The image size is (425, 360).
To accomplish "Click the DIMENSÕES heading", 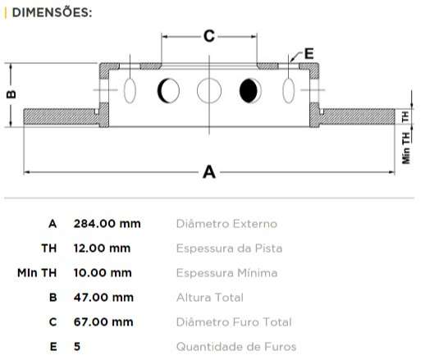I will pyautogui.click(x=51, y=13).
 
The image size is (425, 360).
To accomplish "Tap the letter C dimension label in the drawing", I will pyautogui.click(x=208, y=36).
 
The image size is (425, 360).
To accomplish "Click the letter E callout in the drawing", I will pyautogui.click(x=309, y=53).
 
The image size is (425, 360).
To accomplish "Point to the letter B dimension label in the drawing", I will pyautogui.click(x=11, y=94).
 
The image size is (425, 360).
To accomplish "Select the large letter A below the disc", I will pyautogui.click(x=208, y=172).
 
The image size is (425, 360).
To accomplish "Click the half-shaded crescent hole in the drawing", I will pyautogui.click(x=169, y=89).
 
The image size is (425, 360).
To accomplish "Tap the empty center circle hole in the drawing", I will pyautogui.click(x=209, y=89).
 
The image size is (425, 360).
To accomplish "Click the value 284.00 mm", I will pyautogui.click(x=107, y=223).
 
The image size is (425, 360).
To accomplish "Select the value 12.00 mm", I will pyautogui.click(x=102, y=248).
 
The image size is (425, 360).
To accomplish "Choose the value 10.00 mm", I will pyautogui.click(x=102, y=272).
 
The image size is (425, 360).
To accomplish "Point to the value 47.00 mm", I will pyautogui.click(x=103, y=297).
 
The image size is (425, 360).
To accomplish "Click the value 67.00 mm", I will pyautogui.click(x=103, y=321).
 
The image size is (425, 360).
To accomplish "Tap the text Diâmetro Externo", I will pyautogui.click(x=226, y=223).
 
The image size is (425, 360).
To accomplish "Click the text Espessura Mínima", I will pyautogui.click(x=226, y=272).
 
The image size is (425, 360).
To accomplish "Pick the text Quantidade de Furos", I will pyautogui.click(x=236, y=346).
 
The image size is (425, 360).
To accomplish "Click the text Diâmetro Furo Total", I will pyautogui.click(x=234, y=321).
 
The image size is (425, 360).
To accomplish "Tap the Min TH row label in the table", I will pyautogui.click(x=37, y=272).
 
